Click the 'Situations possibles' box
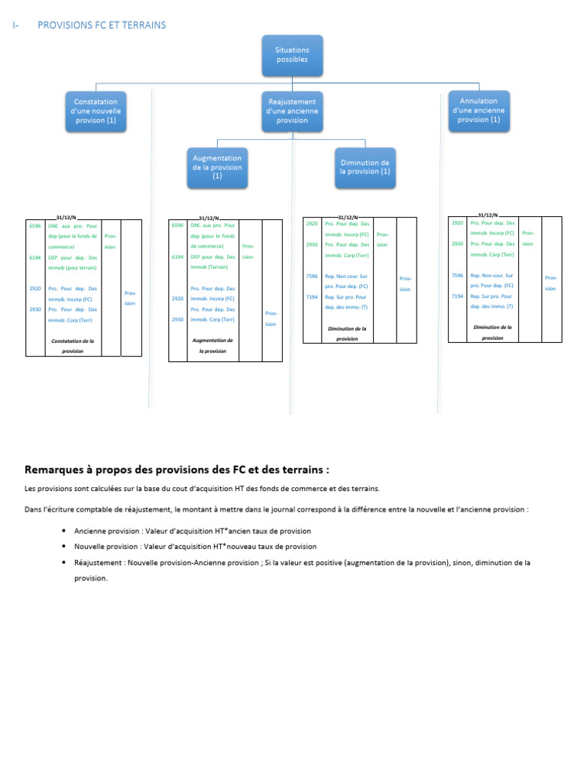[x=291, y=54]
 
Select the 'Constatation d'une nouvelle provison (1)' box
[x=96, y=111]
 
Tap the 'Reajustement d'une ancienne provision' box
[x=291, y=111]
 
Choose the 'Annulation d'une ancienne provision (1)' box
[x=478, y=110]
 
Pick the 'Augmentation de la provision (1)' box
[x=217, y=166]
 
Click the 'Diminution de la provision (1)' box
[x=365, y=167]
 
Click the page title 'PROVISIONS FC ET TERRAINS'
[x=102, y=25]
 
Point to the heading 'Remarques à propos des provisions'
[x=177, y=469]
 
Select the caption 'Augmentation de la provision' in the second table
[x=212, y=346]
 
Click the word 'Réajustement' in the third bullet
[x=99, y=563]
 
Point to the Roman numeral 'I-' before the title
[x=16, y=25]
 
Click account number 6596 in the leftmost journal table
[x=35, y=226]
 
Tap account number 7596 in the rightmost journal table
[x=457, y=275]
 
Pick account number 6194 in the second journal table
[x=178, y=257]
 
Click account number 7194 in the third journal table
[x=312, y=297]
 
